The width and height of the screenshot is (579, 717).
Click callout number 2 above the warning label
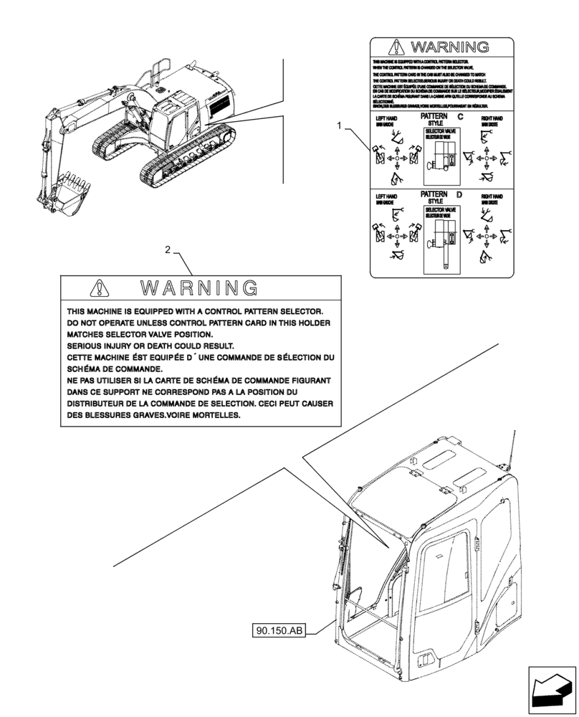(168, 250)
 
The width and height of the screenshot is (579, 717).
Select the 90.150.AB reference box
(279, 631)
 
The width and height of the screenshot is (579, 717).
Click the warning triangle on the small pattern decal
(396, 48)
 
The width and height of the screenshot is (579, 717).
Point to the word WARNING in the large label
(199, 288)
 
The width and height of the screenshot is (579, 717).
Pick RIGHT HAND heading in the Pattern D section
(492, 196)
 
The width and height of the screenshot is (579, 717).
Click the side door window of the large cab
(445, 574)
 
